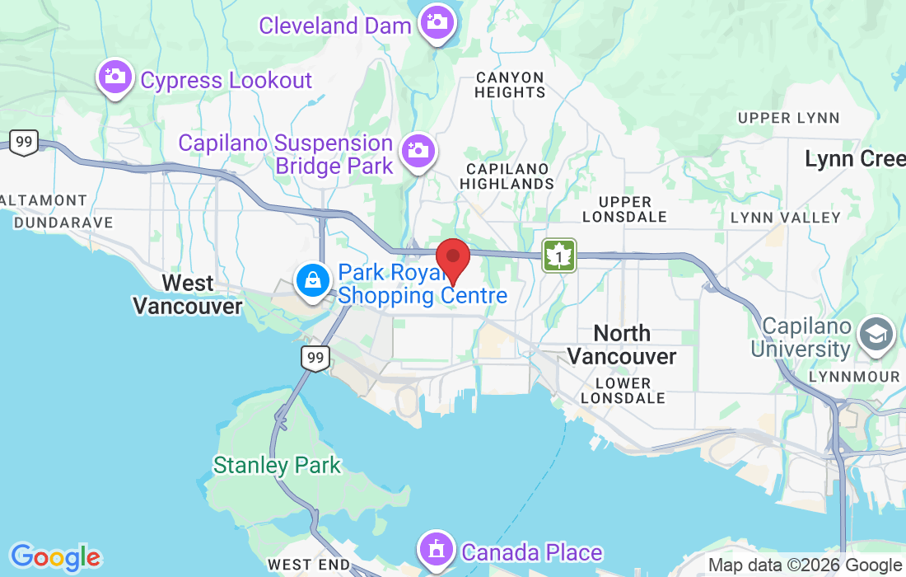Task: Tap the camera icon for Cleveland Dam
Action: click(x=436, y=21)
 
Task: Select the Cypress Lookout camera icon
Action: click(x=114, y=77)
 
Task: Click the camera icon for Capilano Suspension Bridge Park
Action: click(x=418, y=151)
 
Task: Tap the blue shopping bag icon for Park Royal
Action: click(x=313, y=281)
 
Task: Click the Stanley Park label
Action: click(x=277, y=466)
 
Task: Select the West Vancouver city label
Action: click(x=188, y=294)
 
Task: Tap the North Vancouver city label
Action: click(x=622, y=345)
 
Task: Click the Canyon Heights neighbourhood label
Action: click(x=510, y=85)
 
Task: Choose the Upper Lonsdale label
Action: click(x=624, y=209)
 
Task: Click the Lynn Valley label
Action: click(x=786, y=218)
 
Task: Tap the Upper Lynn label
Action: click(x=788, y=118)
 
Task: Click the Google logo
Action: click(x=55, y=557)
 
